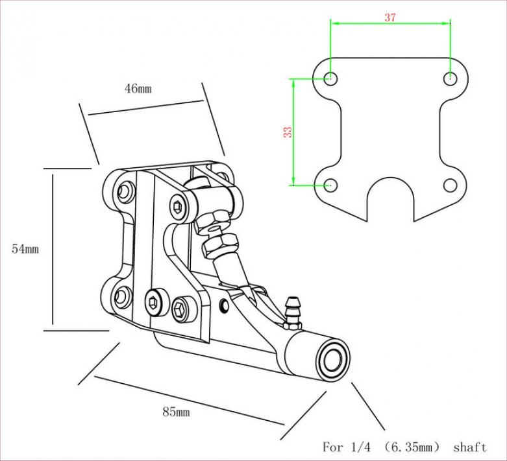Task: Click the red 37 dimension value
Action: (390, 18)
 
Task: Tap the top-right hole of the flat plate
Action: (451, 78)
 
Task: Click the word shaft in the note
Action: (469, 447)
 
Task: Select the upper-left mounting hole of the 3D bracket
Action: (124, 192)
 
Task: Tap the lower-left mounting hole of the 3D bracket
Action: (121, 297)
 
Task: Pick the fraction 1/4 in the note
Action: (363, 447)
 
